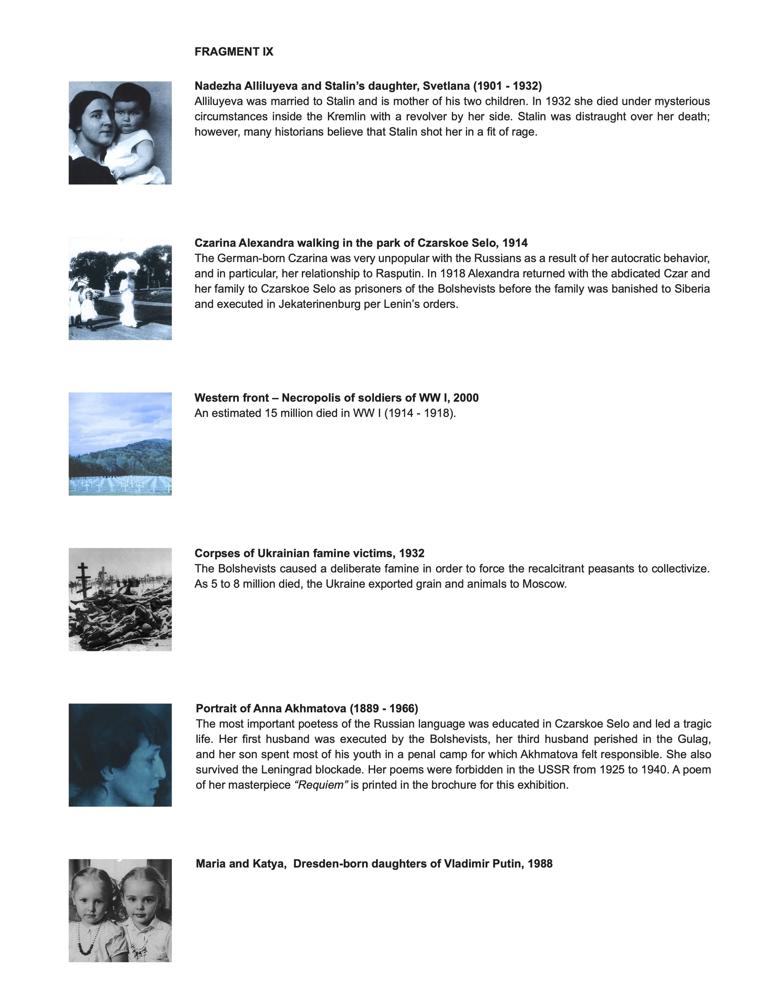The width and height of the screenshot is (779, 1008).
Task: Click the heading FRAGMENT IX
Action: (233, 52)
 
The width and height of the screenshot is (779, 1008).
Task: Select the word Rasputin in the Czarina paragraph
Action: (399, 274)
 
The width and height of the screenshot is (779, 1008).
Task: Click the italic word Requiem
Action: (321, 785)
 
